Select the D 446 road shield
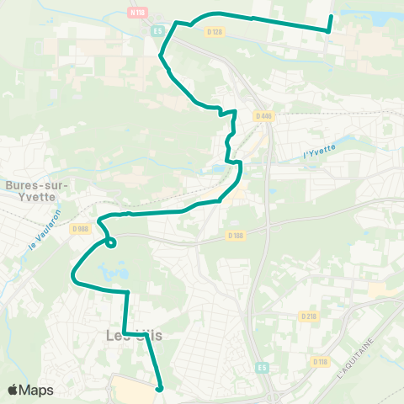264,116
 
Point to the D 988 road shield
80,228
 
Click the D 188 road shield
236,236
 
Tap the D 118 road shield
320,362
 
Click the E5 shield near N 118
157,31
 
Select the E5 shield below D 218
263,367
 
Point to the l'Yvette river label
319,151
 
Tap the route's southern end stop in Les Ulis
158,389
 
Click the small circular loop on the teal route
109,244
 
